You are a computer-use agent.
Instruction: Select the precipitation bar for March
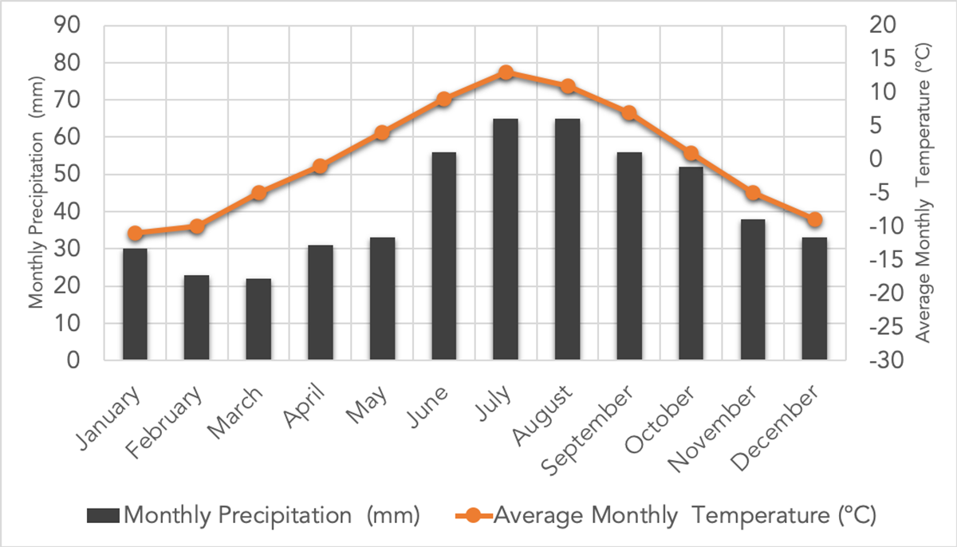[x=258, y=319]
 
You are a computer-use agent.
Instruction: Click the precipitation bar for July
[x=506, y=239]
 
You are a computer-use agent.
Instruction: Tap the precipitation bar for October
[x=691, y=263]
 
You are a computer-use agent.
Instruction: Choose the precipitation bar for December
[x=814, y=299]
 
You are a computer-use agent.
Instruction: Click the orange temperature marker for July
[x=506, y=73]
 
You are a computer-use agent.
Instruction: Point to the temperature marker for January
[x=135, y=234]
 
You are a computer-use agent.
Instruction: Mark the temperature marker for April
[x=320, y=167]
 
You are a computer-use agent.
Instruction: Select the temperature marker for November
[x=753, y=193]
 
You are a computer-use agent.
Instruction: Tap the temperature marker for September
[x=629, y=113]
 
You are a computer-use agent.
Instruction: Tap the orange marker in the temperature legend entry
[x=472, y=515]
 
